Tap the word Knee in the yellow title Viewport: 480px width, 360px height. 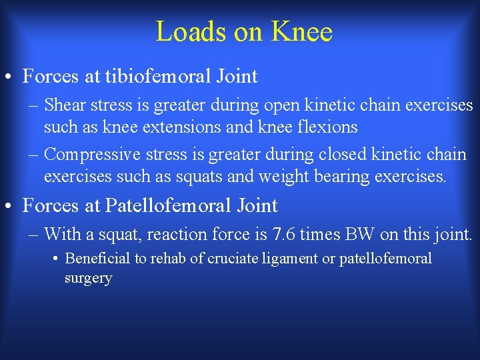pyautogui.click(x=301, y=31)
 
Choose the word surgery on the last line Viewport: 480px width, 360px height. pyautogui.click(x=88, y=278)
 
